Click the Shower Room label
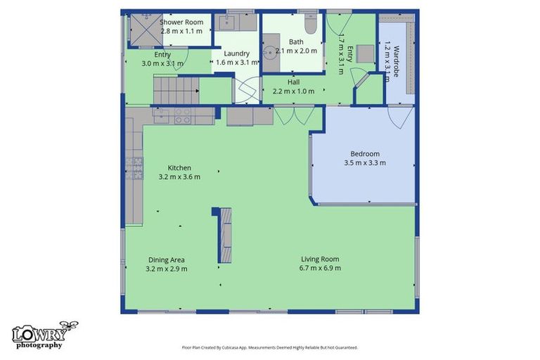[x=181, y=22]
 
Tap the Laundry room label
[x=236, y=53]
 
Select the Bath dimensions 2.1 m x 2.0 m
[x=296, y=51]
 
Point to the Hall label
[x=293, y=82]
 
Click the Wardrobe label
[x=396, y=61]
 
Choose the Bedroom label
[x=365, y=154]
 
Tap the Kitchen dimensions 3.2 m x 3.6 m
[x=179, y=176]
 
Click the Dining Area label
[x=167, y=259]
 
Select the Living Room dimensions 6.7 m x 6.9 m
[x=321, y=268]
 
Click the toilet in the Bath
[x=311, y=24]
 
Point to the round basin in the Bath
[x=270, y=52]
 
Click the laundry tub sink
[x=227, y=22]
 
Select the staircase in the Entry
[x=176, y=91]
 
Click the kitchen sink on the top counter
[x=161, y=116]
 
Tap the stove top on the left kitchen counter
[x=134, y=168]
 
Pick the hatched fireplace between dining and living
[x=226, y=236]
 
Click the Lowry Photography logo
[x=44, y=335]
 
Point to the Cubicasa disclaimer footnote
[x=270, y=347]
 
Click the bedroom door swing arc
[x=400, y=118]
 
